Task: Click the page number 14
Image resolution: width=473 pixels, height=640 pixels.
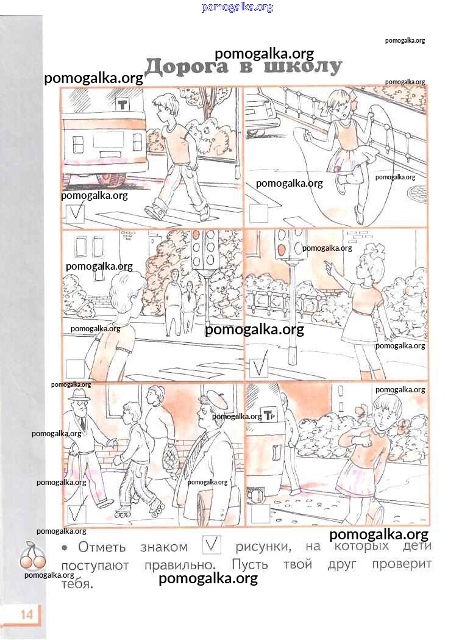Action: [26, 614]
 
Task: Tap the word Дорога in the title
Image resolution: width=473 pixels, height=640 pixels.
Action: [187, 67]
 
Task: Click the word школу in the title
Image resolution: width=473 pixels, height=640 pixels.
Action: [302, 66]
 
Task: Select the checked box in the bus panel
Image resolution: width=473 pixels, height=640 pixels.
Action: [74, 214]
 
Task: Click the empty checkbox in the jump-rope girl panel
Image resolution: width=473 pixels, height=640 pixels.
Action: [258, 213]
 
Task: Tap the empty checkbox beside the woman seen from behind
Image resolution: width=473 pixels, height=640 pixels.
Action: [75, 368]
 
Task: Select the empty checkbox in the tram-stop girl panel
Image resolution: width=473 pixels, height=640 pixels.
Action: [260, 514]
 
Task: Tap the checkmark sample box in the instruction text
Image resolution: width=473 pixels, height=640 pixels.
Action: [212, 545]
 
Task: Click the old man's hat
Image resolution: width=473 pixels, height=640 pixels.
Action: [79, 394]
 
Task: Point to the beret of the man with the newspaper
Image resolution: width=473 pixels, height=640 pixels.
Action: [215, 399]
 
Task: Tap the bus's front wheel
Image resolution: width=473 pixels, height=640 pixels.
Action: [110, 179]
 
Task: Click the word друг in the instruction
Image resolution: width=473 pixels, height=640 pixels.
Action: [342, 564]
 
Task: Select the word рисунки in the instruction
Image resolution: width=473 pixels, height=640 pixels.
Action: [263, 547]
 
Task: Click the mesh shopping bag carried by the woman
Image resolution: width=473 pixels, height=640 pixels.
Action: [169, 455]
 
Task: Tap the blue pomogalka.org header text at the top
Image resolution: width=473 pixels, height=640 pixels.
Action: [237, 7]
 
